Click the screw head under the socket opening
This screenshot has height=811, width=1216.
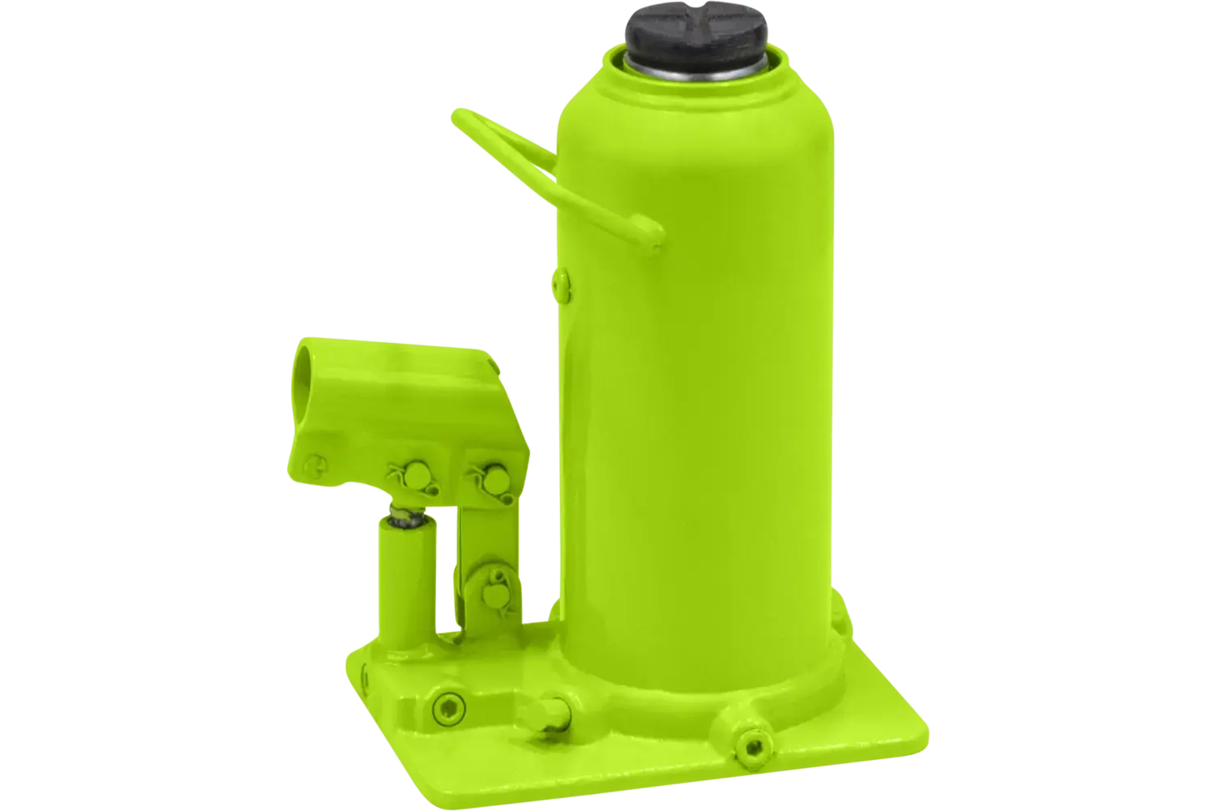pyautogui.click(x=311, y=463)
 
